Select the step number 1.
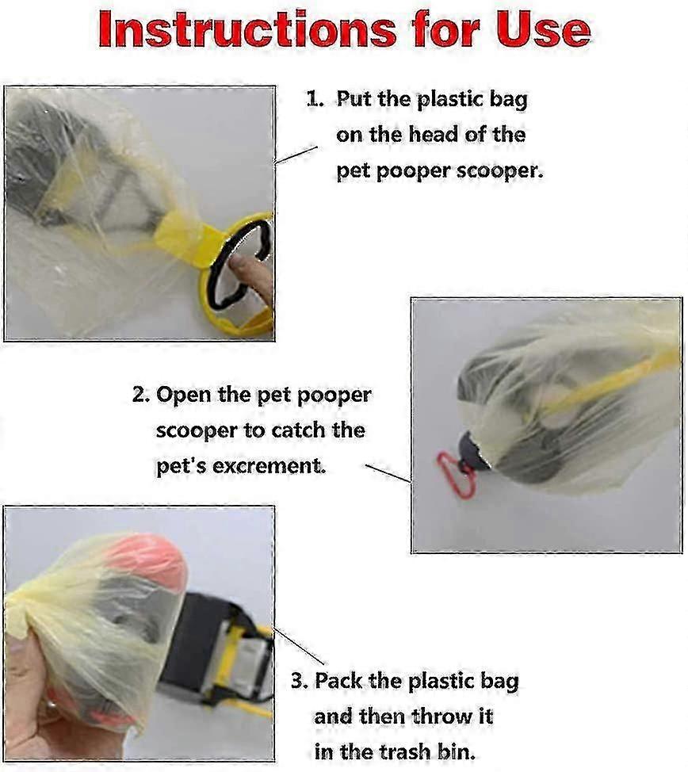[x=315, y=99]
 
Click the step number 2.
[x=140, y=395]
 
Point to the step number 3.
[x=299, y=681]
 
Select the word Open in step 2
[x=184, y=396]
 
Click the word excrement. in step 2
[x=269, y=466]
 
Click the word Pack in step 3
[x=338, y=681]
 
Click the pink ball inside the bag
[x=147, y=561]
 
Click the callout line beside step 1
[x=296, y=155]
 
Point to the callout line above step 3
[x=299, y=646]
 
